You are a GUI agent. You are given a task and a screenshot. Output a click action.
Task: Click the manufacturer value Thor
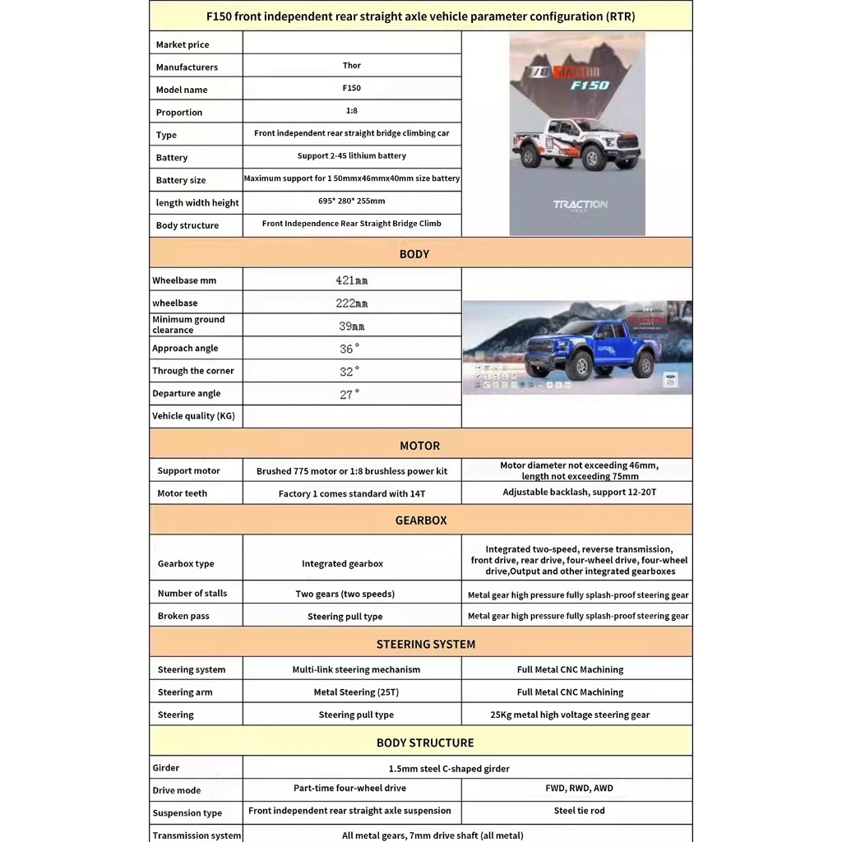click(x=351, y=66)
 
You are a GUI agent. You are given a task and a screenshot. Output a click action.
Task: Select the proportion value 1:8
click(x=351, y=110)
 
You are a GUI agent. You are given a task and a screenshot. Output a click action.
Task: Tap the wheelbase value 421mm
click(x=351, y=280)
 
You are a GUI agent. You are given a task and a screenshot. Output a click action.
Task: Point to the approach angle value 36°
click(x=349, y=349)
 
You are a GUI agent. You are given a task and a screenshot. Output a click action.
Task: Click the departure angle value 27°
click(x=349, y=394)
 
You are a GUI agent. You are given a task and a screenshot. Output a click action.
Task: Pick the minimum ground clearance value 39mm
click(x=351, y=326)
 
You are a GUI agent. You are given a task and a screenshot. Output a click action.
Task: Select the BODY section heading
click(x=414, y=254)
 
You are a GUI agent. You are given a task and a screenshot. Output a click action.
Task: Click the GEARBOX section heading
click(x=421, y=520)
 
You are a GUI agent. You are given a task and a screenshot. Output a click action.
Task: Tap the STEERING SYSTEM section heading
click(x=426, y=645)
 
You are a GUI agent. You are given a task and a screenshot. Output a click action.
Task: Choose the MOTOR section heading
click(x=419, y=446)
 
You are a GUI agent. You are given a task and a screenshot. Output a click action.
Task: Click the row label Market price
click(x=183, y=44)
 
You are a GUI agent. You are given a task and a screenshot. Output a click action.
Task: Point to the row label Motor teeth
click(x=183, y=493)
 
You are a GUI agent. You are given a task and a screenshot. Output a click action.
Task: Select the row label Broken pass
click(x=183, y=616)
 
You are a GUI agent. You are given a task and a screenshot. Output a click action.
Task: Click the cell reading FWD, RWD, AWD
click(x=579, y=788)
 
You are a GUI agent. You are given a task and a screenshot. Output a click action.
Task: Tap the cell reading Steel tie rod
click(x=579, y=811)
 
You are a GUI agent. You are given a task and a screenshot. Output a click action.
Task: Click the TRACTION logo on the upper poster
click(x=580, y=205)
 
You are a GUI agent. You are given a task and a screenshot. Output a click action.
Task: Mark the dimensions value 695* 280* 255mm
click(x=351, y=201)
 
